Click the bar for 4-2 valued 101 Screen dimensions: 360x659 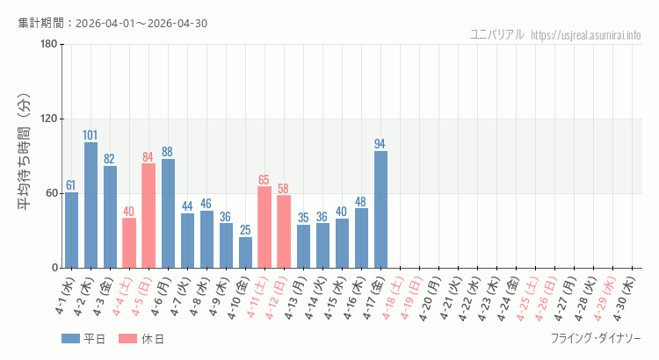91,205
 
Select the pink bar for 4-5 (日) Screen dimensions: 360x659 148,215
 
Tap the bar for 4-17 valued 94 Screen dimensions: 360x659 380,209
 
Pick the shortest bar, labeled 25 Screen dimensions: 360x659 245,252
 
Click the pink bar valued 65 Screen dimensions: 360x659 264,227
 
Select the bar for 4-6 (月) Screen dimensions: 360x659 168,212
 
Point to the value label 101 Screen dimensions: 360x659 91,135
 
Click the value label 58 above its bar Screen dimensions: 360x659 284,189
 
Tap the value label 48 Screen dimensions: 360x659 361,201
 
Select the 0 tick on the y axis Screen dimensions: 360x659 54,268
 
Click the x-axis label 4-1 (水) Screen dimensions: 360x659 65,298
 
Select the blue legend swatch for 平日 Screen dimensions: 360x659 71,338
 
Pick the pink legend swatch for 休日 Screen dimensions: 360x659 129,338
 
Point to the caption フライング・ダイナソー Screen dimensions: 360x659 596,338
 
